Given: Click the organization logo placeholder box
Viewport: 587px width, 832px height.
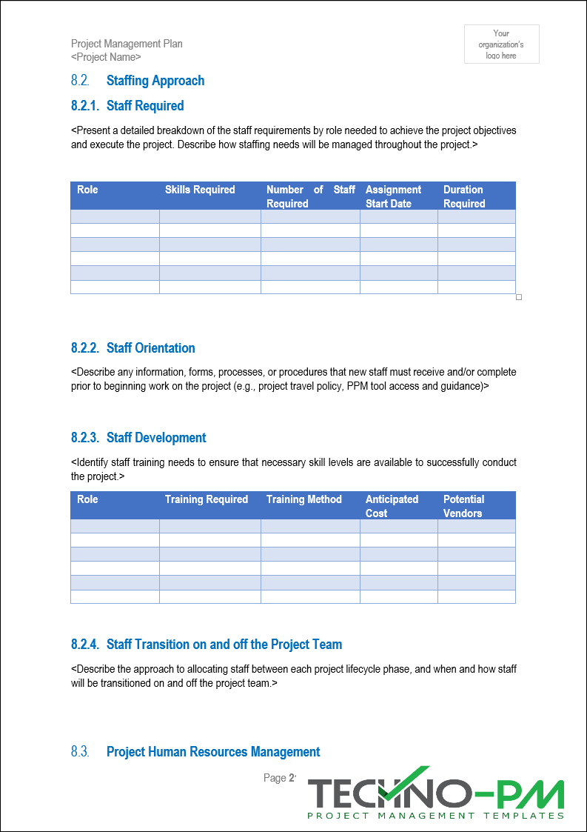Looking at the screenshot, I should (x=502, y=44).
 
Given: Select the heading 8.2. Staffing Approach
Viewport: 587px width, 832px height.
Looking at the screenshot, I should (x=138, y=81).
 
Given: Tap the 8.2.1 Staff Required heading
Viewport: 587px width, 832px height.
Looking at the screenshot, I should (x=127, y=106).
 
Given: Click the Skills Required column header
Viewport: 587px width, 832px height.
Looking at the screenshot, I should (x=200, y=190).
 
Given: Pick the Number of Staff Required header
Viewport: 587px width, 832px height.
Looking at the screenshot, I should (x=310, y=196).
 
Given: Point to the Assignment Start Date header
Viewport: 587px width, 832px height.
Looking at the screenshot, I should (x=393, y=196).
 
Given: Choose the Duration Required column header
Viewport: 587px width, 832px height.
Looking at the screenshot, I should (x=464, y=196).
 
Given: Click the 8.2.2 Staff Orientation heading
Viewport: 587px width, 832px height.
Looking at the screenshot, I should (x=133, y=348).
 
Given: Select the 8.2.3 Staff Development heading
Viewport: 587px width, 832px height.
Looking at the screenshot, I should (x=138, y=438).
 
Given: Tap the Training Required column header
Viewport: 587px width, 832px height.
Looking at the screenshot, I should (x=207, y=499).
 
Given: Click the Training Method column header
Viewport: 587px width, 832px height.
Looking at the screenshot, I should (x=304, y=499).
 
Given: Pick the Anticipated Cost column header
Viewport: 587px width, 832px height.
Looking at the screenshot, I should (x=392, y=506).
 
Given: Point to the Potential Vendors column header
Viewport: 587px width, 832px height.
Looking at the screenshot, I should (x=463, y=506).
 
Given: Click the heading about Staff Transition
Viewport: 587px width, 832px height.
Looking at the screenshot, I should (x=207, y=645).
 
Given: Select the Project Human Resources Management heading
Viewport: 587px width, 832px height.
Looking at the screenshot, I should (x=195, y=752).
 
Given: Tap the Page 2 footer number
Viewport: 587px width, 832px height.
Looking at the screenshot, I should (x=280, y=778).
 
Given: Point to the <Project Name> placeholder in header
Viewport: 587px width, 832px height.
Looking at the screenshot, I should (x=106, y=57).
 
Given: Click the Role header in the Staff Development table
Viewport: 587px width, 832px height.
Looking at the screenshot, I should (x=87, y=499).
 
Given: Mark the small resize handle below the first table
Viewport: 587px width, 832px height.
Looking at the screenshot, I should (x=519, y=297).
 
